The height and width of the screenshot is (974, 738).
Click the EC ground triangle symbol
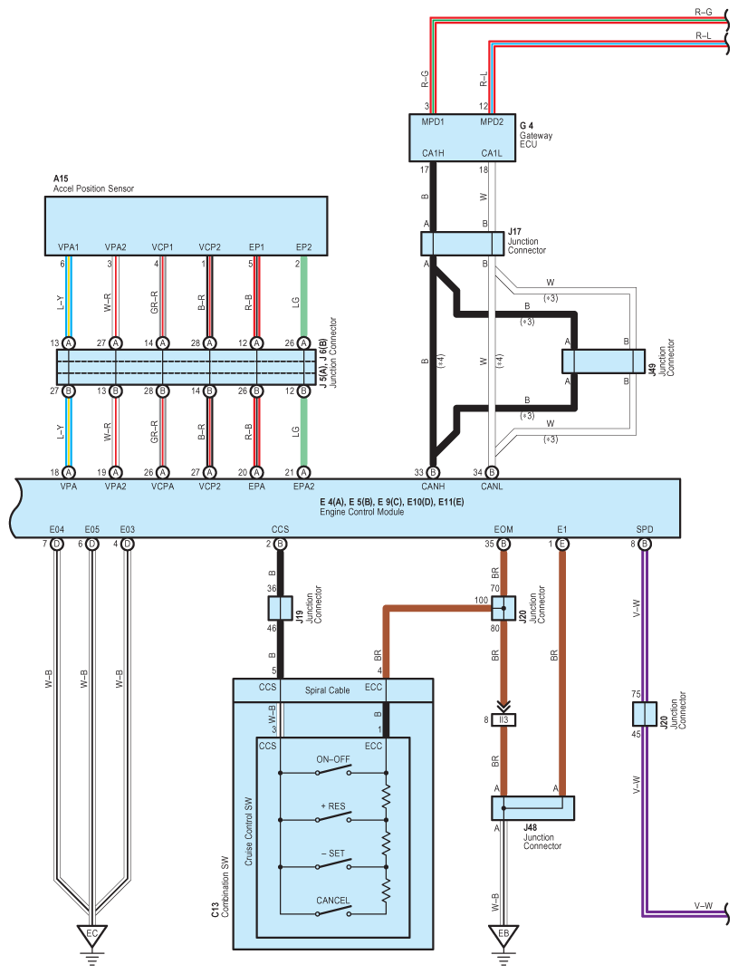pos(91,934)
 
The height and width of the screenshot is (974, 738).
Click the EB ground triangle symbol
pos(503,934)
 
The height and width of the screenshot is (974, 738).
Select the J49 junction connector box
pos(603,362)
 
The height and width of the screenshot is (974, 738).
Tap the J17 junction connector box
pos(463,244)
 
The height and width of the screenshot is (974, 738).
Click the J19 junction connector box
pos(280,608)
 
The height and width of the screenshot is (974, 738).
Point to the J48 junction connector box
pos(532,808)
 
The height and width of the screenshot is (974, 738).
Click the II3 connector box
pos(503,720)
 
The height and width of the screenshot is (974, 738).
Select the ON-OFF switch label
pos(333,759)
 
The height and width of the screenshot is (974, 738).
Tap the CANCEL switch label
pos(332,900)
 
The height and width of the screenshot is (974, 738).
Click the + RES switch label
pos(333,806)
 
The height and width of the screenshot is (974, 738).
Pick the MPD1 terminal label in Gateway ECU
pos(433,121)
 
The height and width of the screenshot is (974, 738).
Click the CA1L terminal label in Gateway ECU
pos(492,153)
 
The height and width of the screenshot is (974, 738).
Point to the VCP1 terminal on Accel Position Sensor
pos(163,247)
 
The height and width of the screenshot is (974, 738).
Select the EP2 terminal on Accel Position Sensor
pos(303,247)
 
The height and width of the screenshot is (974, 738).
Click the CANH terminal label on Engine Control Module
pos(433,487)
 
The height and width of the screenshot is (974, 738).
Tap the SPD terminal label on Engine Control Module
pos(645,529)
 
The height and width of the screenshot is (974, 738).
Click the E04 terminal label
pos(56,529)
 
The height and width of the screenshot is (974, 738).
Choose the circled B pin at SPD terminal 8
pos(645,545)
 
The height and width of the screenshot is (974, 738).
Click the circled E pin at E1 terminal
pos(562,545)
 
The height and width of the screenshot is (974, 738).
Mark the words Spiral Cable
pos(327,690)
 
